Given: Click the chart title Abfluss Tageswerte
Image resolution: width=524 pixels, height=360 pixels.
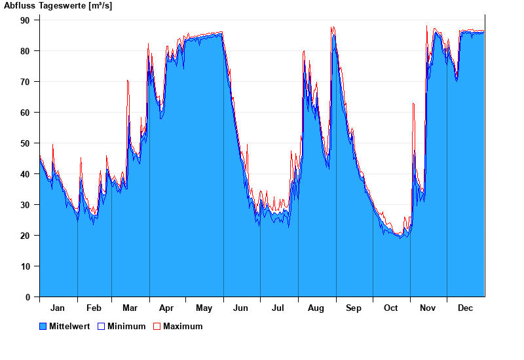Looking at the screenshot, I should point(58,6).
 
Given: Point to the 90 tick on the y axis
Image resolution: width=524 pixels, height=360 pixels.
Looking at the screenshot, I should point(26,20).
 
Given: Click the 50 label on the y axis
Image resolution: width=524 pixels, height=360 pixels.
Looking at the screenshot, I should point(26,143).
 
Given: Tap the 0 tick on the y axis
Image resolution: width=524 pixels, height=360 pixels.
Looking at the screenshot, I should point(28,297).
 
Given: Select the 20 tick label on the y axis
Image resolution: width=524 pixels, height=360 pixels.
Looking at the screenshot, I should point(26,236).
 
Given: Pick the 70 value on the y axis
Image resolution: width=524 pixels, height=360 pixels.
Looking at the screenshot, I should point(26,82).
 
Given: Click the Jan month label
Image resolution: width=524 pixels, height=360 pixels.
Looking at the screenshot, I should point(58,308).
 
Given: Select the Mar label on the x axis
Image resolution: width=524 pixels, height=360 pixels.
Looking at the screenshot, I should point(130,308).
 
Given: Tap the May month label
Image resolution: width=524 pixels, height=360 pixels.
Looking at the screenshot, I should point(204,308).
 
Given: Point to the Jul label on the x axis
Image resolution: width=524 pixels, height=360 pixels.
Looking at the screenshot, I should point(278,308).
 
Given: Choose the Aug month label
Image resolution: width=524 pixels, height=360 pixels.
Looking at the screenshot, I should point(316,308).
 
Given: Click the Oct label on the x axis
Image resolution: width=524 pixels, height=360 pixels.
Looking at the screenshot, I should point(390,308).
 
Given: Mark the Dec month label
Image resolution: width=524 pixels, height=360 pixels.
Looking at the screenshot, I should point(465,308).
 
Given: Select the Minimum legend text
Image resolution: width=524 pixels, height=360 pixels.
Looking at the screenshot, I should point(126,327).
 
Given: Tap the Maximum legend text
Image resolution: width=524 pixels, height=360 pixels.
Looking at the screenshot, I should point(183,327).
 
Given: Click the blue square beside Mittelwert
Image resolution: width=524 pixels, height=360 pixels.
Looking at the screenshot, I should point(43,327).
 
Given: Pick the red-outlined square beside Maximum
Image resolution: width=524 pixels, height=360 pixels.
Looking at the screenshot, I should point(157,327).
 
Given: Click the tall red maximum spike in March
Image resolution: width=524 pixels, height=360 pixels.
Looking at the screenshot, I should point(128,81).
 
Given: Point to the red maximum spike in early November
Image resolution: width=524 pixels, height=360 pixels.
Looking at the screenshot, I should point(413,104).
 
